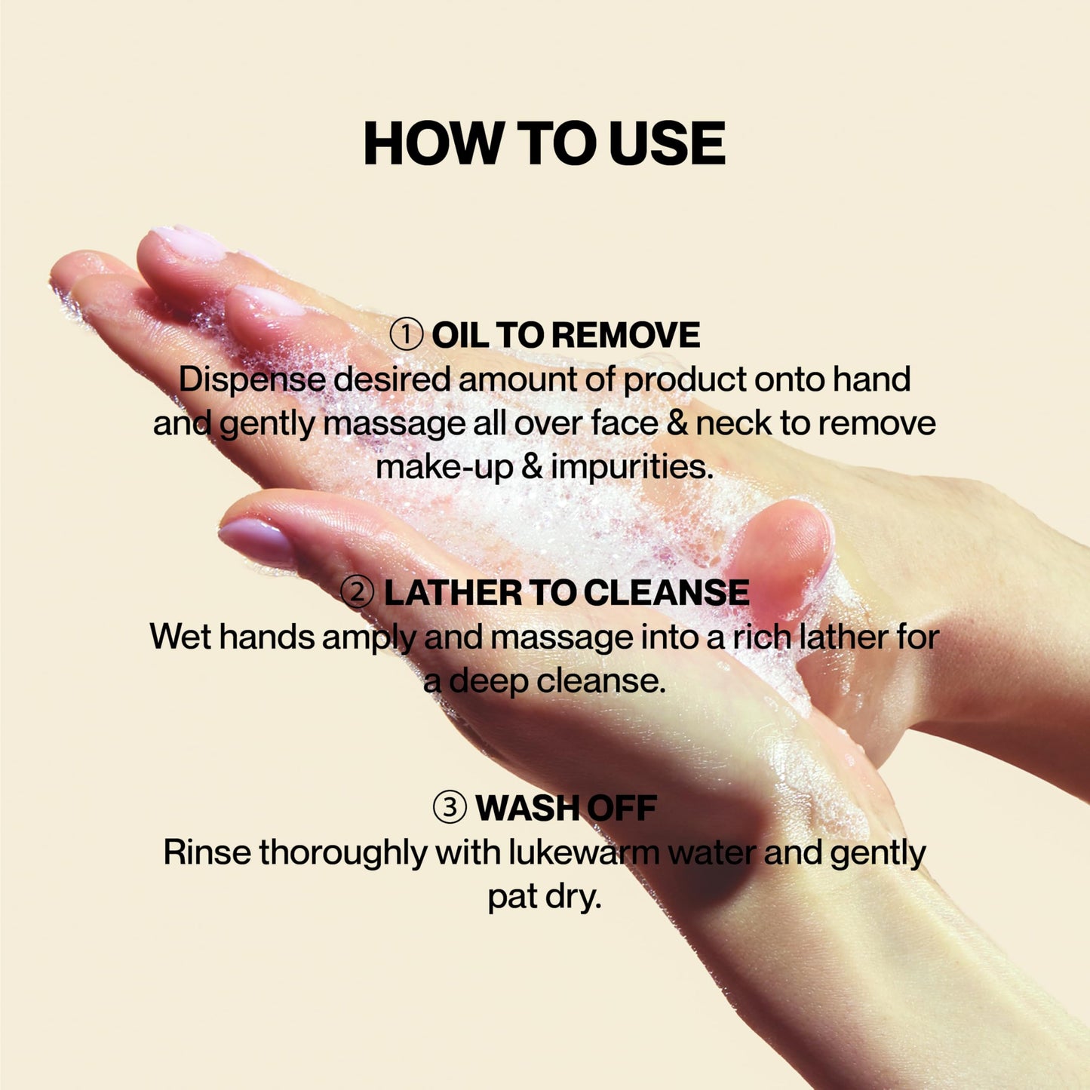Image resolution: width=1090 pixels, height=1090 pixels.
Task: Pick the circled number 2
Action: [x=358, y=592]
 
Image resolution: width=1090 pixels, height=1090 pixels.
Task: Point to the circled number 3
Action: [x=450, y=808]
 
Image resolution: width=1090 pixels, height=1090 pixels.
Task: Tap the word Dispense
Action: [x=251, y=379]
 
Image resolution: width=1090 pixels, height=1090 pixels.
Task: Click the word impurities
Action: [x=631, y=467]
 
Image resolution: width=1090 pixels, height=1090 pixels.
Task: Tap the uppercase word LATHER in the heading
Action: [x=452, y=593]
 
